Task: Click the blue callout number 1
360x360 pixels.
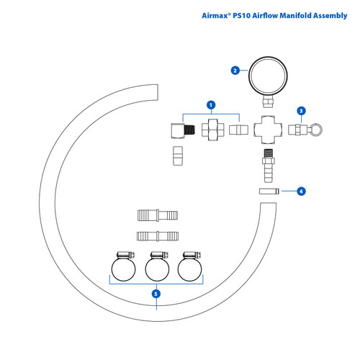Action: [x=211, y=105]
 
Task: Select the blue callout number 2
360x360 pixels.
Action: [x=235, y=71]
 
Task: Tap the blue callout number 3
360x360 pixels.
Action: [x=302, y=111]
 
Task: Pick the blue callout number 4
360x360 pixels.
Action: [x=302, y=192]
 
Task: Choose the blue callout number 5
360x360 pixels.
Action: [x=156, y=293]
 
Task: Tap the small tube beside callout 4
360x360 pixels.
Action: [x=269, y=192]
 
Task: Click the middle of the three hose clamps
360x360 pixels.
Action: [x=157, y=268]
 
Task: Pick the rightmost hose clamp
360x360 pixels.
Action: [x=191, y=268]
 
